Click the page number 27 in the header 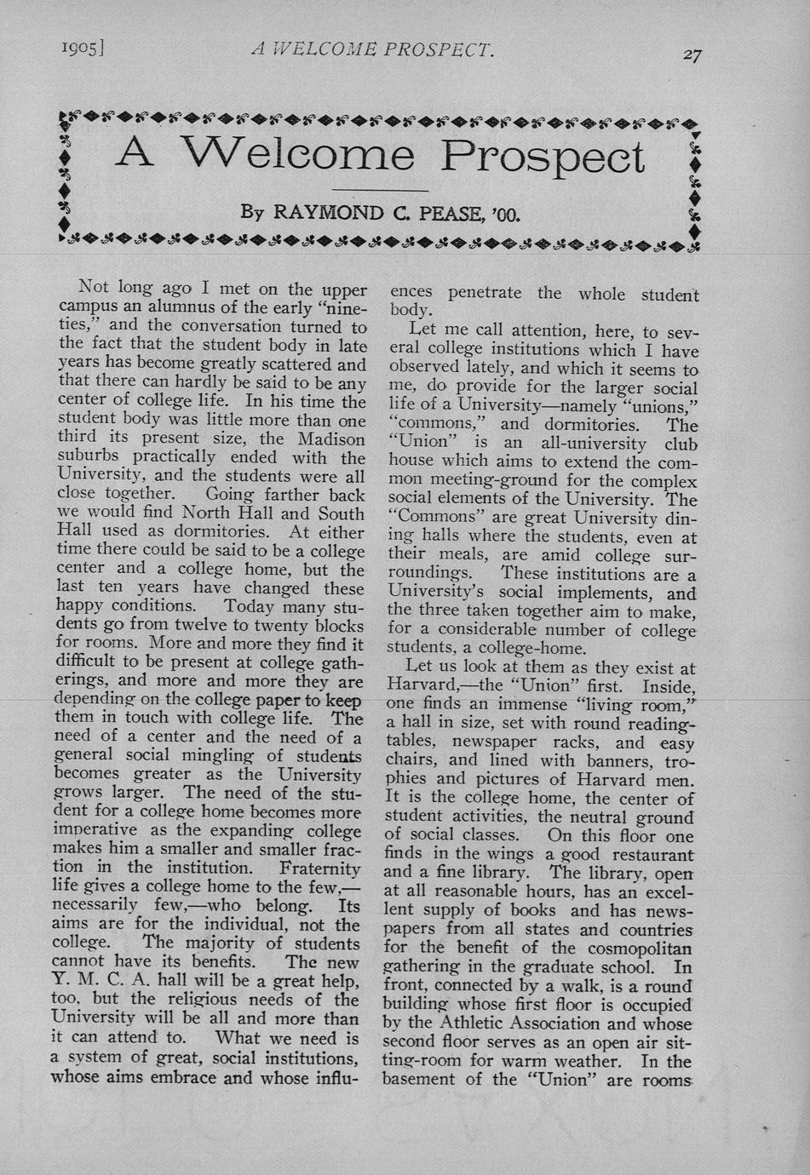692,55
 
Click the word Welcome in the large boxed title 297,154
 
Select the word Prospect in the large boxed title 543,157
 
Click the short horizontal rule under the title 379,191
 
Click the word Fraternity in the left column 319,868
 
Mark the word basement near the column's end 423,1080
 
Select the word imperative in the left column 94,830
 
